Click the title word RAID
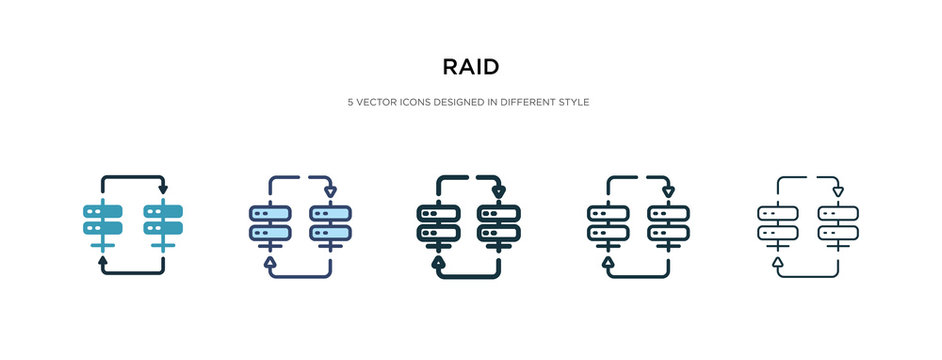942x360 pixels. point(471,68)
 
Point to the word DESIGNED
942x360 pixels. point(456,103)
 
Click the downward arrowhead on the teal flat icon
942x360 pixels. point(163,188)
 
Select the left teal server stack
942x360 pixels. point(101,221)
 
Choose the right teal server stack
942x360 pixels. point(163,221)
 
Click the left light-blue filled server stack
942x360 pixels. point(269,223)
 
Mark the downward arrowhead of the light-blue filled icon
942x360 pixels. point(332,190)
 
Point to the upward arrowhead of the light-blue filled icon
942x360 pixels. point(269,262)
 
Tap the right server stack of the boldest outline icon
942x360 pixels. point(500,223)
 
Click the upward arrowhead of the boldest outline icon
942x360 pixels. point(437,262)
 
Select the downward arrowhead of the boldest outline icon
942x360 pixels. point(500,190)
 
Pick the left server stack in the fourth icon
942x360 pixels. point(607,223)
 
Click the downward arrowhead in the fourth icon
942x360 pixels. point(669,190)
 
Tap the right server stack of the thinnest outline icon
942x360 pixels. point(838,223)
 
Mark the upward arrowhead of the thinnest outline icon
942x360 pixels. point(776,262)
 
